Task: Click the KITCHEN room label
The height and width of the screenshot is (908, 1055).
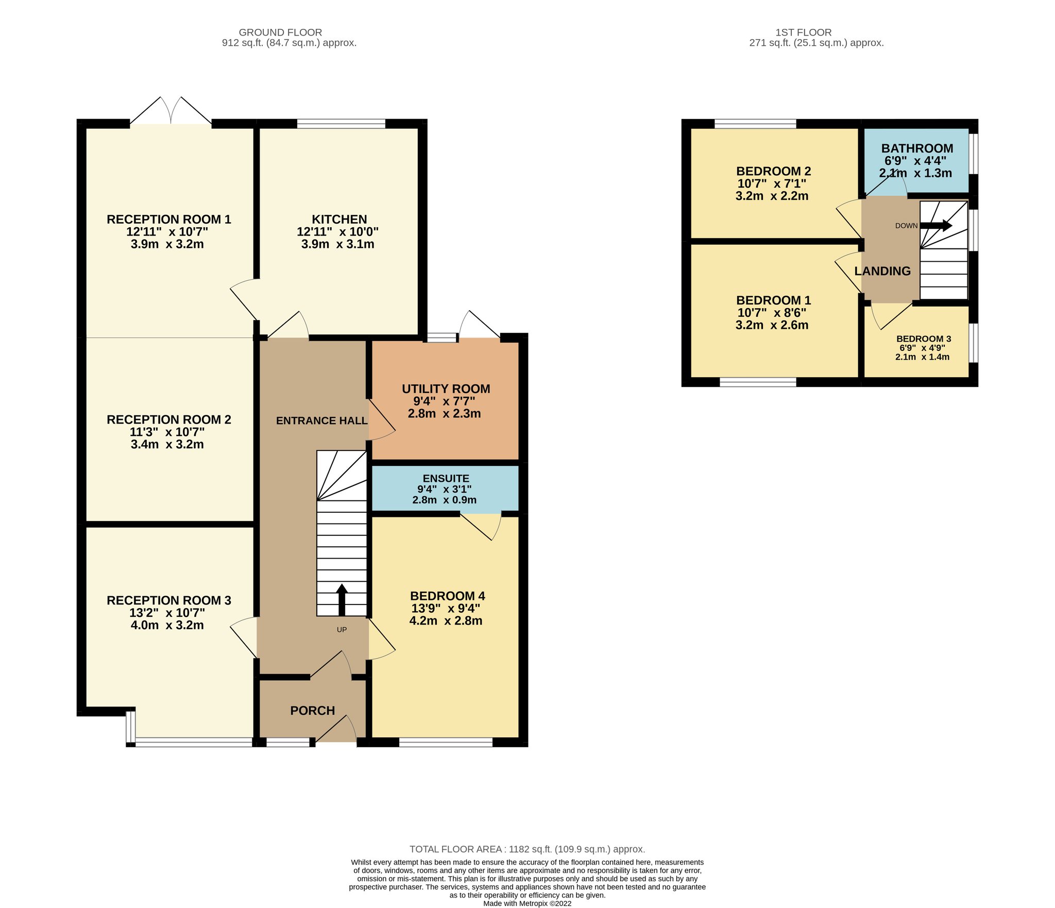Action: click(x=339, y=220)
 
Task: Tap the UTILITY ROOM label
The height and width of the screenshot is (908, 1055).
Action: click(x=446, y=389)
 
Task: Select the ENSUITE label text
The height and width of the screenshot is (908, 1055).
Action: click(x=446, y=479)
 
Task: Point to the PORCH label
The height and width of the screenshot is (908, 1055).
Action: click(x=313, y=711)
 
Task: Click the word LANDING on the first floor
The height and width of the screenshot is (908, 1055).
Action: click(x=882, y=271)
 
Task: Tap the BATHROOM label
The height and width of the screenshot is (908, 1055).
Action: click(x=917, y=148)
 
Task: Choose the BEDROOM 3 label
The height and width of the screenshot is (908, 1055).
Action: click(x=924, y=339)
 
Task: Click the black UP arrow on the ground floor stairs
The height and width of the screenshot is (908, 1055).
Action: click(x=342, y=600)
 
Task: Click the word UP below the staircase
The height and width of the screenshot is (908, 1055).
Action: click(x=342, y=629)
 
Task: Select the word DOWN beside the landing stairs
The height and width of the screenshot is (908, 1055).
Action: click(x=906, y=226)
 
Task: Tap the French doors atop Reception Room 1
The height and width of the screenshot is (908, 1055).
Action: click(x=171, y=110)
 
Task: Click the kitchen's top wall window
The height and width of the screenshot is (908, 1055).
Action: click(x=341, y=124)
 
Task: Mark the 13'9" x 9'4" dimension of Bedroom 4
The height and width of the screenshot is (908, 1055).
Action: click(x=446, y=609)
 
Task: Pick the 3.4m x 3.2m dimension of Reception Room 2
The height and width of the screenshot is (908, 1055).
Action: click(x=167, y=444)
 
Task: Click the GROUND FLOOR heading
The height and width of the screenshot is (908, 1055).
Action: click(x=280, y=32)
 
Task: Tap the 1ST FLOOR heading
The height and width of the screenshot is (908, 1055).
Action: click(x=804, y=32)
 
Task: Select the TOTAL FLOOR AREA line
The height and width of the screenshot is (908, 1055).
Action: click(x=527, y=849)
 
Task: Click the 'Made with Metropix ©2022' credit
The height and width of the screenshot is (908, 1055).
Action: click(x=527, y=903)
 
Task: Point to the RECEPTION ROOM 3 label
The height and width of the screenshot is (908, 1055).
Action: click(x=169, y=600)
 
